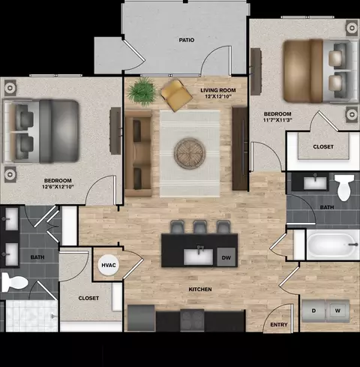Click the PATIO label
pyautogui.click(x=187, y=40)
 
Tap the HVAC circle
pyautogui.click(x=108, y=265)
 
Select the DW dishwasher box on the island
pyautogui.click(x=226, y=257)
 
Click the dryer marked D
pyautogui.click(x=313, y=311)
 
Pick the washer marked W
pyautogui.click(x=337, y=311)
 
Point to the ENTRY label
pyautogui.click(x=279, y=325)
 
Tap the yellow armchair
pyautogui.click(x=176, y=95)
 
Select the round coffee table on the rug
pyautogui.click(x=190, y=153)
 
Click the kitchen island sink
pyautogui.click(x=199, y=257)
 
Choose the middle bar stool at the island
pyautogui.click(x=199, y=227)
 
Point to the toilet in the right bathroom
pyautogui.click(x=344, y=188)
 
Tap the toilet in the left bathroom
pyautogui.click(x=14, y=282)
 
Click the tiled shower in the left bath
pyautogui.click(x=31, y=316)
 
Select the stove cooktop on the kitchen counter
pyautogui.click(x=192, y=320)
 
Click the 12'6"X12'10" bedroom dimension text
pyautogui.click(x=58, y=187)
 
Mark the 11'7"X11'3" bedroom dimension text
pyautogui.click(x=277, y=120)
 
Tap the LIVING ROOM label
pyautogui.click(x=218, y=90)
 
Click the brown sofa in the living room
pyautogui.click(x=139, y=153)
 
